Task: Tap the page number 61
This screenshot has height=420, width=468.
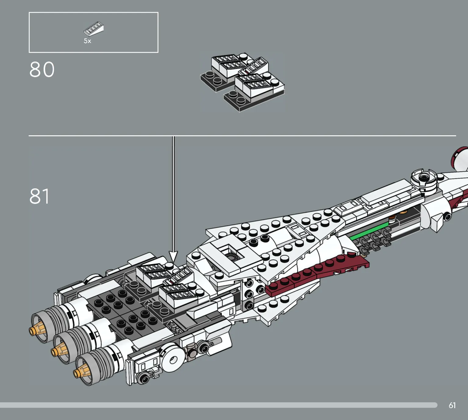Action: click(452, 405)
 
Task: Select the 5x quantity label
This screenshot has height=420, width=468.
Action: click(87, 41)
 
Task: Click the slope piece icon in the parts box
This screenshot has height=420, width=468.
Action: click(94, 29)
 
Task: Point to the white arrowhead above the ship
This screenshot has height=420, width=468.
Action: click(173, 256)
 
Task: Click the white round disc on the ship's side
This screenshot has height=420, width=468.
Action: click(173, 360)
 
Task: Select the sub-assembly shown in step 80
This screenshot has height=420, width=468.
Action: click(242, 82)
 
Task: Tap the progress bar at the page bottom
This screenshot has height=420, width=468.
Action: click(218, 405)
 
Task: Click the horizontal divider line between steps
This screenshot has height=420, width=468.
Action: click(242, 136)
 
